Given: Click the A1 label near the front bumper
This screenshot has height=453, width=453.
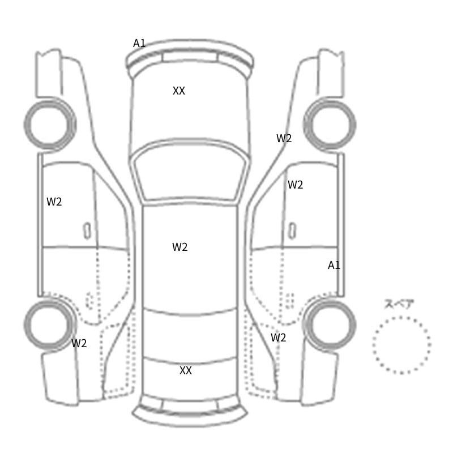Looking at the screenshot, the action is point(139,44).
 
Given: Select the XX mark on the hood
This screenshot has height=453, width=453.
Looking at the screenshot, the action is point(178,91).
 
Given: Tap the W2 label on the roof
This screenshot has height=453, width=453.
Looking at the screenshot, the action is point(180,247).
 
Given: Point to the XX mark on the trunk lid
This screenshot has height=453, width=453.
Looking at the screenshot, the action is point(186,370).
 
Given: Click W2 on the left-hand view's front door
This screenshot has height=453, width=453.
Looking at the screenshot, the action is point(54,202).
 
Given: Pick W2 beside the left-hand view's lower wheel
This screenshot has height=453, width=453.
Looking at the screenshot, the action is point(79,343).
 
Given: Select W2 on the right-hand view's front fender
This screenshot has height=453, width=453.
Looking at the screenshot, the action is point(284,138).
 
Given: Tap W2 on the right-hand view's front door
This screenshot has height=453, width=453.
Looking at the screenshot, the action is point(295,185).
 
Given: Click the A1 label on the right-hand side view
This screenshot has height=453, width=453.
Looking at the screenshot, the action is point(334,265).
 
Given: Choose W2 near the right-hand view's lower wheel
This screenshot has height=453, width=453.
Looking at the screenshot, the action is point(278,337).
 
